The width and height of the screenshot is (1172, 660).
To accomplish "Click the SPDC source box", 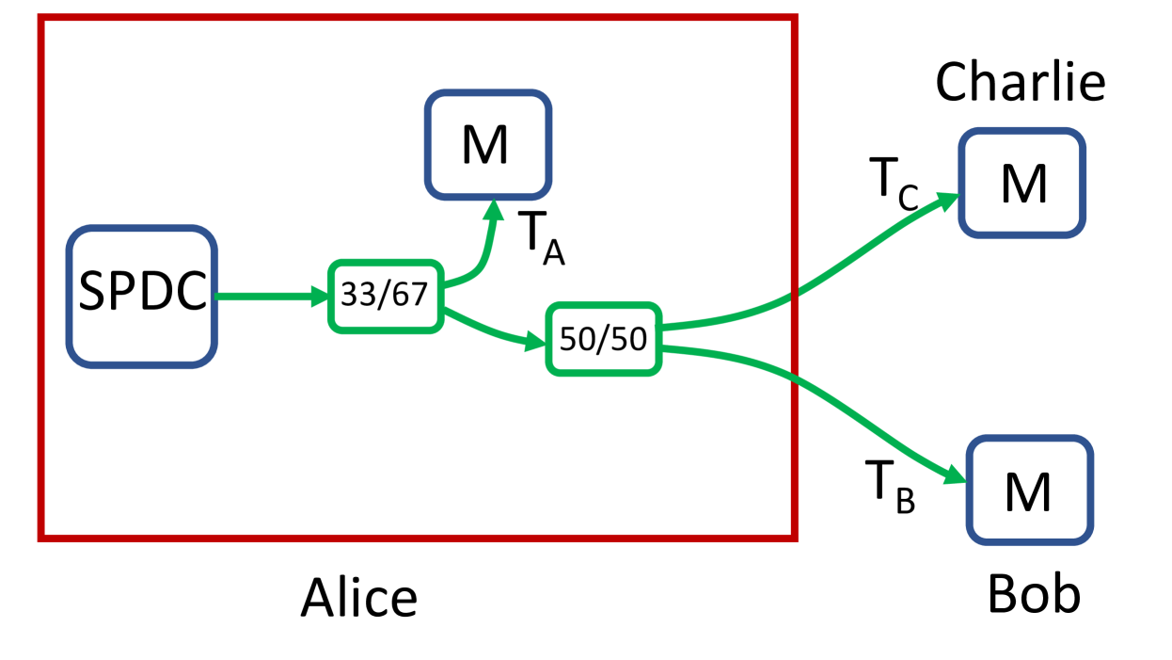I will (x=142, y=296).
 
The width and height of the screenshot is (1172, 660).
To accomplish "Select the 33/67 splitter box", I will (x=385, y=296).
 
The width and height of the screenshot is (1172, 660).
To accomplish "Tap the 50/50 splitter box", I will (x=603, y=339).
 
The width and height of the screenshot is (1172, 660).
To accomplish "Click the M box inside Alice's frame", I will (x=487, y=145).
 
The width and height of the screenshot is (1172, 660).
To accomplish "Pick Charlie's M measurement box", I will (x=1022, y=183).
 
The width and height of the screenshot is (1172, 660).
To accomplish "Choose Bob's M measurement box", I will (x=1029, y=490).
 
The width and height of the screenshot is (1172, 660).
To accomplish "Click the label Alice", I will (x=358, y=597).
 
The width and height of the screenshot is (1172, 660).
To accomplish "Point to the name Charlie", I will (x=1020, y=83).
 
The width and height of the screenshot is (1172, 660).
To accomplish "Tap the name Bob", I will (x=1034, y=593).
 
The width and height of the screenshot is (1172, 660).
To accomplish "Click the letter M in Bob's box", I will (x=1028, y=491).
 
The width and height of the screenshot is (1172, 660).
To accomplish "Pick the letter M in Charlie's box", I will (x=1023, y=184).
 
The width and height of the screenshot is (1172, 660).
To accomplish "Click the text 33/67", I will (x=385, y=296).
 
